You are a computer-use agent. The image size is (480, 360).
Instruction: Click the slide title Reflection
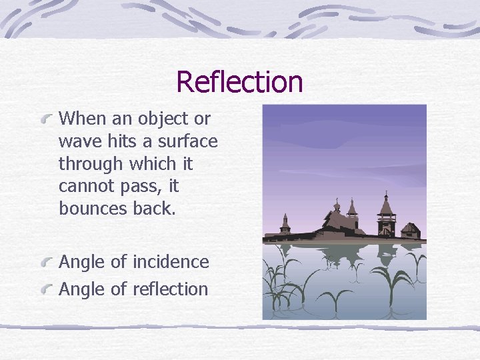[x=239, y=82]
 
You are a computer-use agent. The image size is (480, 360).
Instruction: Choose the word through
[x=91, y=164]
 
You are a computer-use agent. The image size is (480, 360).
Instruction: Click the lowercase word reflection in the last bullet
[x=171, y=289]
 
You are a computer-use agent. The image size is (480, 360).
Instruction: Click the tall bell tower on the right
[x=386, y=217]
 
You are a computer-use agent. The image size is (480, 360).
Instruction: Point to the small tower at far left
[x=285, y=225]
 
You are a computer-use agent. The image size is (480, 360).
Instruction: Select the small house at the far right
[x=411, y=231]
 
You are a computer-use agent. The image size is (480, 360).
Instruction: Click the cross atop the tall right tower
[x=386, y=193]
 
